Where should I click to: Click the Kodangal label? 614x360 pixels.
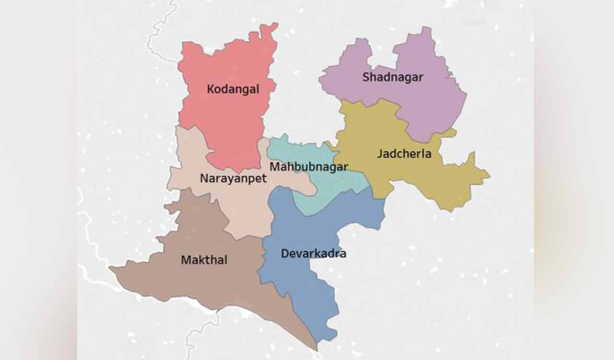233,89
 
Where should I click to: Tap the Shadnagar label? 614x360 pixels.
393,77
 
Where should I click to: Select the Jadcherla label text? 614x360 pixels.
404,154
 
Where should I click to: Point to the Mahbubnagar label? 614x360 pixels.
308,167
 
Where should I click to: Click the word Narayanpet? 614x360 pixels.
233,179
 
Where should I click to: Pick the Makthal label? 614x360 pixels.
204,260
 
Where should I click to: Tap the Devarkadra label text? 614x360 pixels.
313,253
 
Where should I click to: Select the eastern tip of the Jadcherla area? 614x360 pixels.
489,175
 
